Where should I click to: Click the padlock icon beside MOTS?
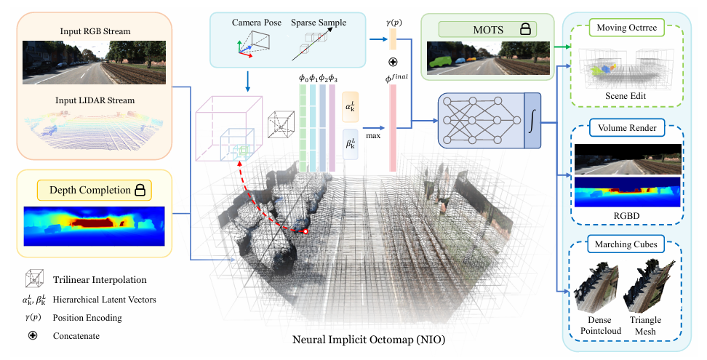pos(524,29)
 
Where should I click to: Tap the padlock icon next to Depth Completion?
pos(139,191)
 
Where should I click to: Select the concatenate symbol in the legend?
pos(33,336)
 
